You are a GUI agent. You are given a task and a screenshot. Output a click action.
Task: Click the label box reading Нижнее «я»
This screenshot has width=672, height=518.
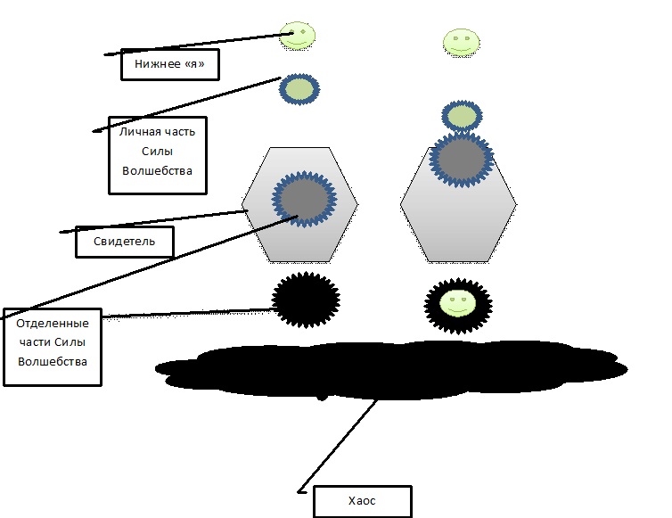pyautogui.click(x=169, y=64)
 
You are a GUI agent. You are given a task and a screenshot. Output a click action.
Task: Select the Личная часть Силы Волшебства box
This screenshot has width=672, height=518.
pyautogui.click(x=157, y=154)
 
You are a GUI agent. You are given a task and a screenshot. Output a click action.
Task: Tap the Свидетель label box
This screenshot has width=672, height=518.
pyautogui.click(x=125, y=241)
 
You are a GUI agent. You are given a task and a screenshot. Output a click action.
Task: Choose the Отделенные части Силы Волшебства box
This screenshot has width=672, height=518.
pyautogui.click(x=53, y=347)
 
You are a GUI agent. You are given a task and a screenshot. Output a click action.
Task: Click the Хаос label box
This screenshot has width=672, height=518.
pyautogui.click(x=363, y=501)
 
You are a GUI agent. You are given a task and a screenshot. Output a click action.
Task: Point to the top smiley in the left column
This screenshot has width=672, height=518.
pyautogui.click(x=298, y=36)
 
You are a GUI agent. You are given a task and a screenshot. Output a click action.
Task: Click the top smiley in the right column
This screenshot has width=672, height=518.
pyautogui.click(x=461, y=41)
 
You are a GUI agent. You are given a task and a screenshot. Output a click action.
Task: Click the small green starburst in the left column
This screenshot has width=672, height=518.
pyautogui.click(x=299, y=88)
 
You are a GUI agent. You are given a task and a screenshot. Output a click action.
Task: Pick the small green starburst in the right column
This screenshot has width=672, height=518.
pyautogui.click(x=462, y=116)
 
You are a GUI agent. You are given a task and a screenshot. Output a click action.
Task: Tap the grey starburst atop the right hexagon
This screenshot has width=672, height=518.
pyautogui.click(x=462, y=157)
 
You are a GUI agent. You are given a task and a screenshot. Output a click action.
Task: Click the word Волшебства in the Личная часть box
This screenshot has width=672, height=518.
pyautogui.click(x=157, y=170)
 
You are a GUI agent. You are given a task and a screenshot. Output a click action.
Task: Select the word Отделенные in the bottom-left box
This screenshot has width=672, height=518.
pyautogui.click(x=53, y=323)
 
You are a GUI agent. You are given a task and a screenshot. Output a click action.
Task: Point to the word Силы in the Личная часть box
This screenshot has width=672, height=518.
pyautogui.click(x=157, y=151)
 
